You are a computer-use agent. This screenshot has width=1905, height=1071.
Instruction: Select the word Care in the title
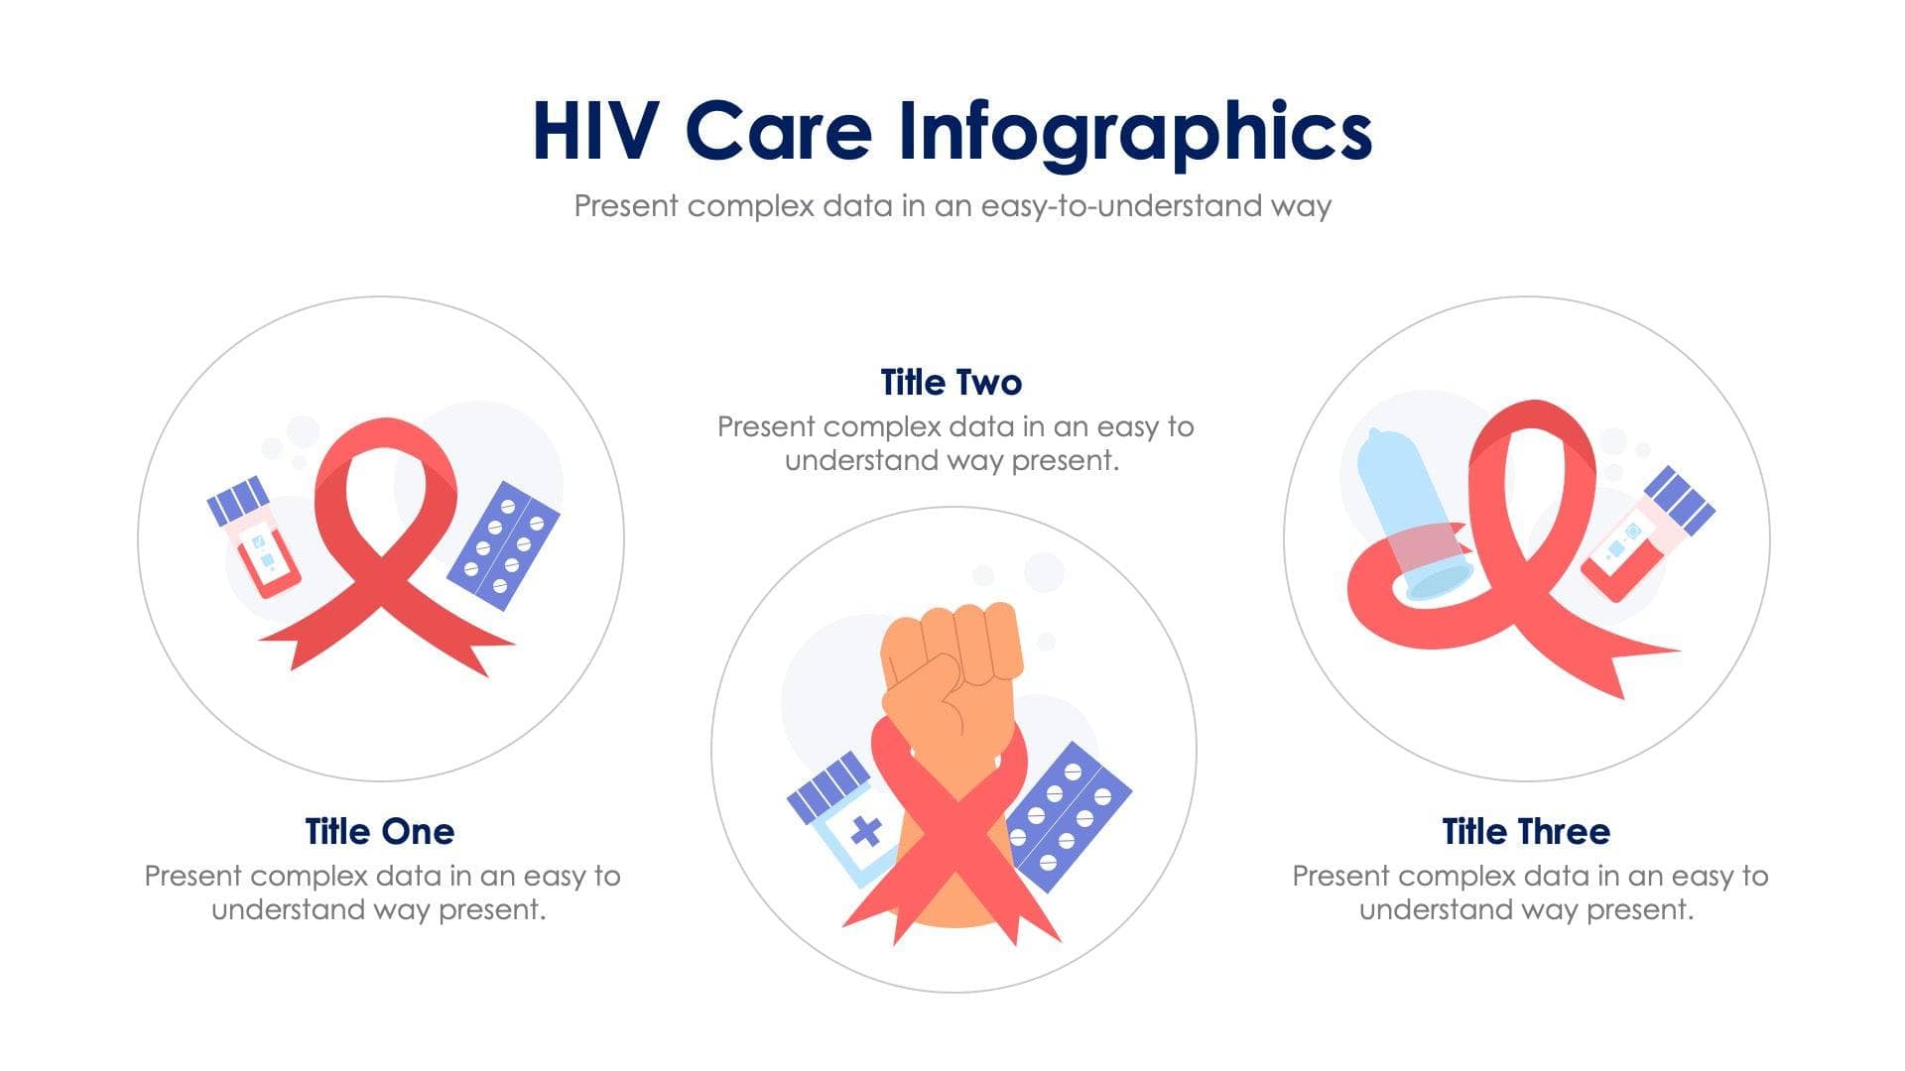pyautogui.click(x=779, y=131)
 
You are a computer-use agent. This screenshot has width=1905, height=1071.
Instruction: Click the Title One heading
pyautogui.click(x=380, y=831)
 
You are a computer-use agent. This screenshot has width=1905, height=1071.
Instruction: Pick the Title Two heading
pyautogui.click(x=952, y=382)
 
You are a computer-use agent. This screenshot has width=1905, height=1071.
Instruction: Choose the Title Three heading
pyautogui.click(x=1526, y=831)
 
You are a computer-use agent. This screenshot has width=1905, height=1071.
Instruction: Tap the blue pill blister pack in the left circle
pyautogui.click(x=503, y=545)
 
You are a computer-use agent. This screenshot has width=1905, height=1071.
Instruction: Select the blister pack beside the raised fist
pyautogui.click(x=1070, y=815)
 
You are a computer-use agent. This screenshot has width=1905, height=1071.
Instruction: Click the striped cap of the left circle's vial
pyautogui.click(x=238, y=501)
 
